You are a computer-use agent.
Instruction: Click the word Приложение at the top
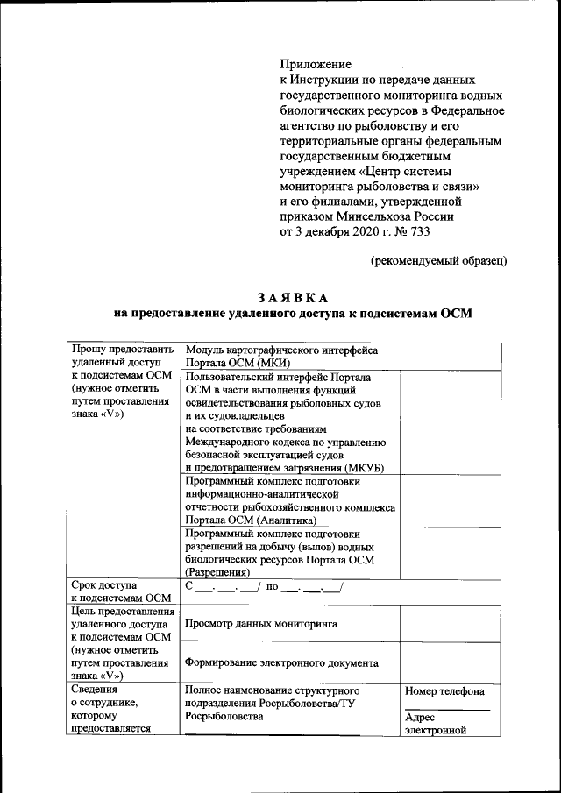coord(316,64)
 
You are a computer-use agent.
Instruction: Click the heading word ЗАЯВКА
coord(294,298)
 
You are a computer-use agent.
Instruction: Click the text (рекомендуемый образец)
coord(437,261)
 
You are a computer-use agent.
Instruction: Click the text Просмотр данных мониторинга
coord(262,624)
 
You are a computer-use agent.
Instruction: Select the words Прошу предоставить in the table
coord(124,350)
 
